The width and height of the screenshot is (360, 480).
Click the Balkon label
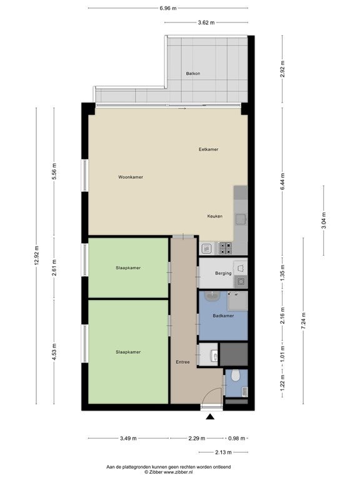tap(193, 74)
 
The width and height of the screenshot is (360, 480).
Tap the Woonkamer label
tap(131, 177)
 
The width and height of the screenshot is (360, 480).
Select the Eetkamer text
tap(209, 149)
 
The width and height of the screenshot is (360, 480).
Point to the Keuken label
tap(215, 216)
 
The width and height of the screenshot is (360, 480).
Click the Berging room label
tap(223, 273)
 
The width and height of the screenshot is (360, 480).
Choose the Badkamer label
tap(224, 316)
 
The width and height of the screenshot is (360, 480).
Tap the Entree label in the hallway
tap(182, 362)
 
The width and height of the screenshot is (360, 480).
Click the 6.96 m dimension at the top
tap(168, 8)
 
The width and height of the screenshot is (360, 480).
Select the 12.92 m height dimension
tap(36, 256)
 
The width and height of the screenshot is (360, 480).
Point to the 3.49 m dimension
tap(128, 438)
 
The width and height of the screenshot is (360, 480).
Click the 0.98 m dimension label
tap(237, 438)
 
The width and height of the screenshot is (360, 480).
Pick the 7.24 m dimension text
tap(303, 321)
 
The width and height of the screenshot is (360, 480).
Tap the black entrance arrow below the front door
tap(210, 417)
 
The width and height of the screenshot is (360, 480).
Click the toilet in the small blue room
tap(236, 375)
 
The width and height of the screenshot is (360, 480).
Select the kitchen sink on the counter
tap(241, 219)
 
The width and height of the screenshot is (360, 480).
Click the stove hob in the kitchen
tap(225, 248)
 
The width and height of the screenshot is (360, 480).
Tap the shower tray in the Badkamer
tap(237, 301)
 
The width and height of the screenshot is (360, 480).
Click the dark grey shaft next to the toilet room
tap(234, 354)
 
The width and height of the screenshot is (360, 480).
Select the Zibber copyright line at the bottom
tap(169, 472)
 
